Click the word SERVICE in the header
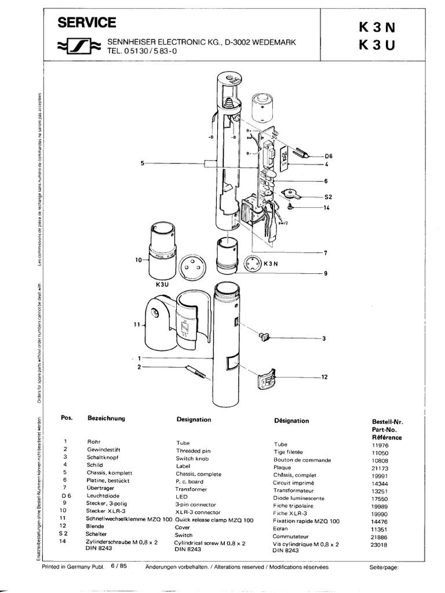(86, 23)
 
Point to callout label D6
(329, 156)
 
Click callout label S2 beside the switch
(328, 197)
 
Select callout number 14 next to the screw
(327, 207)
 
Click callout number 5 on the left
(142, 164)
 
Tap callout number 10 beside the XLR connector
(138, 261)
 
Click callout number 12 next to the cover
(324, 377)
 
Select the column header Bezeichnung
(106, 418)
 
